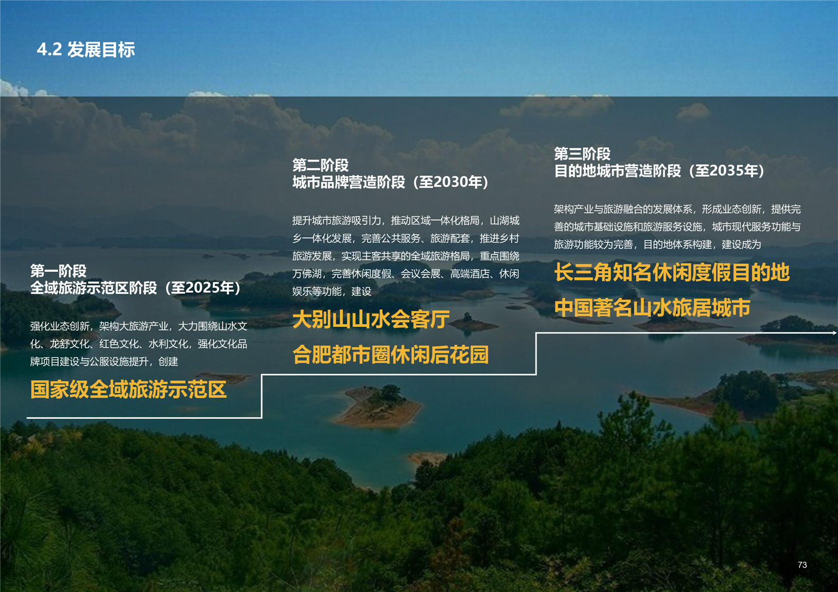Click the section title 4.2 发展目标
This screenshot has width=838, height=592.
86,50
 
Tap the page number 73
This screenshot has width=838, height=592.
802,565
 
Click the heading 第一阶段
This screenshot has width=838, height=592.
59,271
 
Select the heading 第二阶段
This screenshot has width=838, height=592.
320,165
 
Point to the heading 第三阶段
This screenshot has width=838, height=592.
582,154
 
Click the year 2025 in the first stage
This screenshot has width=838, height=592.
202,288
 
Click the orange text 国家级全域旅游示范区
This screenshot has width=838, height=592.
129,389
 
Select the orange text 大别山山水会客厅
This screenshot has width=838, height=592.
371,320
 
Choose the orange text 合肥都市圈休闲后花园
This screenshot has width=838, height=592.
391,355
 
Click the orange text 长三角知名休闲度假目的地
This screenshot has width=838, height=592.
672,272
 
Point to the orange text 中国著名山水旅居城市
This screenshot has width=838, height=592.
652,308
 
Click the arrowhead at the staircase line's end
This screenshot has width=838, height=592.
834,332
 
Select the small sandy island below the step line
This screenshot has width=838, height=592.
378,407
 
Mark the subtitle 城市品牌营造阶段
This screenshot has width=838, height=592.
349,182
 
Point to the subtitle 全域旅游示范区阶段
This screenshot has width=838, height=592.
93,288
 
